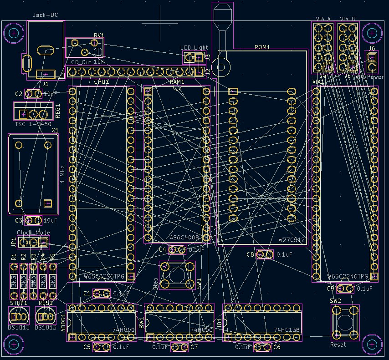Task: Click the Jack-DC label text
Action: coord(45,15)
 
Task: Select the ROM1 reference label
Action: coord(262,47)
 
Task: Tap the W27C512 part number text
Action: coord(292,239)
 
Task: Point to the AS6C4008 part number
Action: coord(184,238)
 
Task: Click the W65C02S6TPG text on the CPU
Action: coord(104,276)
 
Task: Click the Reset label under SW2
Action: coord(338,345)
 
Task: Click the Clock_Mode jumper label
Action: coord(34,233)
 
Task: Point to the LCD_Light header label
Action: coord(194,47)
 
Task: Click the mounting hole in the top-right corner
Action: coord(373,33)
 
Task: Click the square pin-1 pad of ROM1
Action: coord(233,91)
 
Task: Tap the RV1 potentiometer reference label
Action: coord(99,35)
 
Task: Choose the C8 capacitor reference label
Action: coord(250,254)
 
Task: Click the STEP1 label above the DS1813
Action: coord(19,303)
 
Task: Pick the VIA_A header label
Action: coord(323,19)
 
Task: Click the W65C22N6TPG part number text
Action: coord(348,276)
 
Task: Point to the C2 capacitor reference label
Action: coord(19,94)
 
